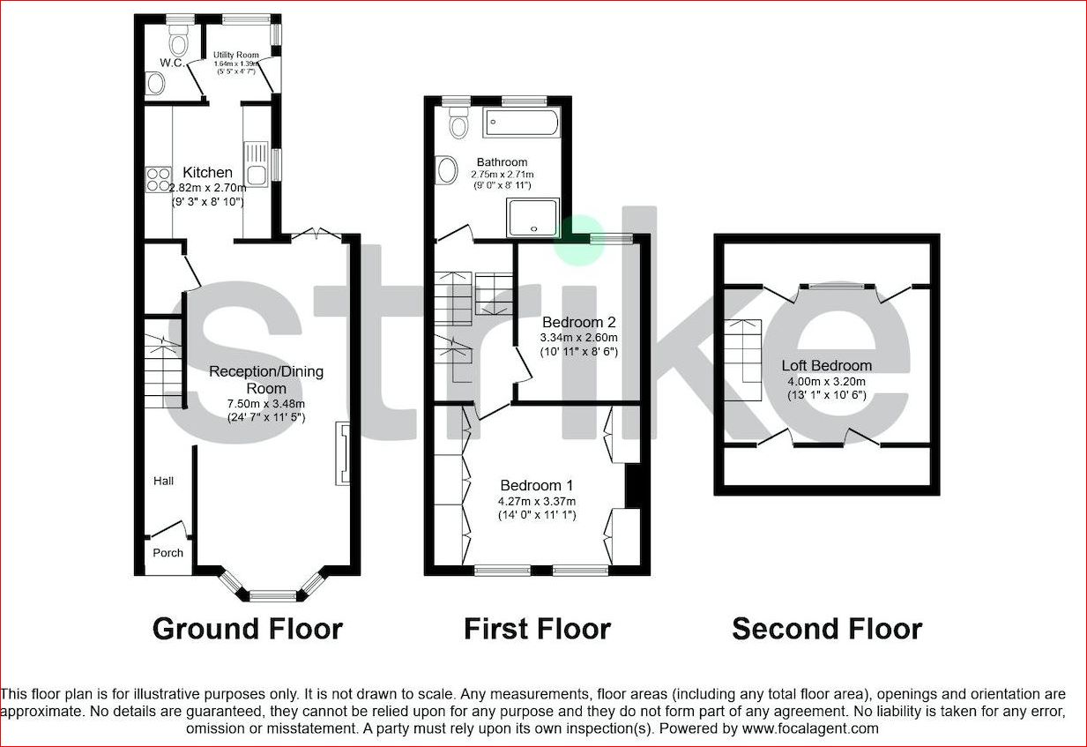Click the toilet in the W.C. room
pyautogui.click(x=179, y=40)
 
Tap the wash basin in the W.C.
pyautogui.click(x=155, y=83)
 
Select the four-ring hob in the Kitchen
pyautogui.click(x=159, y=179)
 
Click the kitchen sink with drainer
pyautogui.click(x=256, y=164)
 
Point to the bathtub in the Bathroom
pyautogui.click(x=521, y=122)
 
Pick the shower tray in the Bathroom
pyautogui.click(x=532, y=218)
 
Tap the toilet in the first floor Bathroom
pyautogui.click(x=458, y=123)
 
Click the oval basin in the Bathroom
pyautogui.click(x=446, y=170)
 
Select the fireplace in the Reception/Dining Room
pyautogui.click(x=342, y=453)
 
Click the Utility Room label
pyautogui.click(x=236, y=55)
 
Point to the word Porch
pyautogui.click(x=168, y=553)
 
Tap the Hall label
pyautogui.click(x=164, y=481)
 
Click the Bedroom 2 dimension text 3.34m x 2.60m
pyautogui.click(x=579, y=337)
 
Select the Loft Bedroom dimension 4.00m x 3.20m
pyautogui.click(x=826, y=382)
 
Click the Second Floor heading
pyautogui.click(x=827, y=629)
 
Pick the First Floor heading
pyautogui.click(x=537, y=629)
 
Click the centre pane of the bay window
pyautogui.click(x=272, y=595)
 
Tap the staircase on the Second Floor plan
pyautogui.click(x=742, y=360)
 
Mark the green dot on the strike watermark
pyautogui.click(x=580, y=240)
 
